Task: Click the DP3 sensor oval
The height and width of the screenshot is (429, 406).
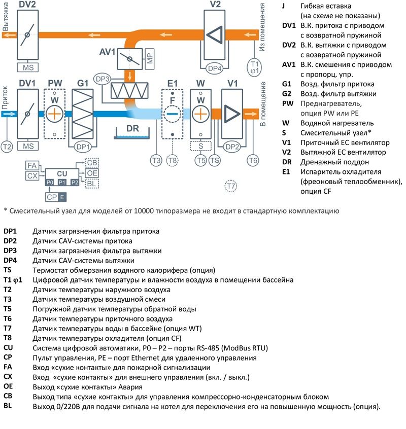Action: [x=103, y=80]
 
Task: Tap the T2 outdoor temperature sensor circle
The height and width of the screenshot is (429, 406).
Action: [x=7, y=147]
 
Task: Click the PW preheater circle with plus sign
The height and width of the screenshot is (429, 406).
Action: [x=54, y=114]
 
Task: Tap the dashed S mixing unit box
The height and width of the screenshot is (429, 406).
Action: [x=201, y=146]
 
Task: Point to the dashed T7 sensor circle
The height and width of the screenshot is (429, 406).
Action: [x=231, y=186]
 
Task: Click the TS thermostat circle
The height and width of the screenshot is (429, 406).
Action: [x=215, y=160]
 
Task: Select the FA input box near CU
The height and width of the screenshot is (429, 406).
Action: [x=31, y=166]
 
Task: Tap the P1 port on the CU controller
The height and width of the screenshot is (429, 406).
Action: [x=62, y=182]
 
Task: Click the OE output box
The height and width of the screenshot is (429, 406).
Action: [x=92, y=173]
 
